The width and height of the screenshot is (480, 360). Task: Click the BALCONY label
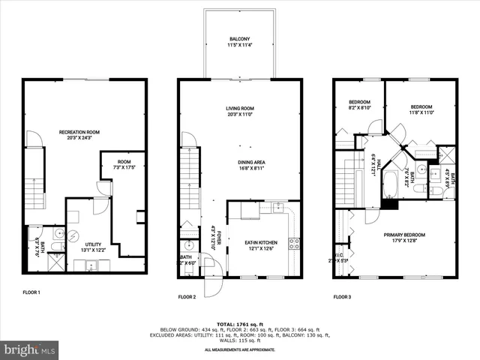[x=240, y=39]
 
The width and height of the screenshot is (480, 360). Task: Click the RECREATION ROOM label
[x=79, y=132]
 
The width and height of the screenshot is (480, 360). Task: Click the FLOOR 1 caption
[x=32, y=292]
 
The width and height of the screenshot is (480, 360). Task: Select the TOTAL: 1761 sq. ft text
[x=240, y=323]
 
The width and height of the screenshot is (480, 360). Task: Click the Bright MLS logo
[x=30, y=349]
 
